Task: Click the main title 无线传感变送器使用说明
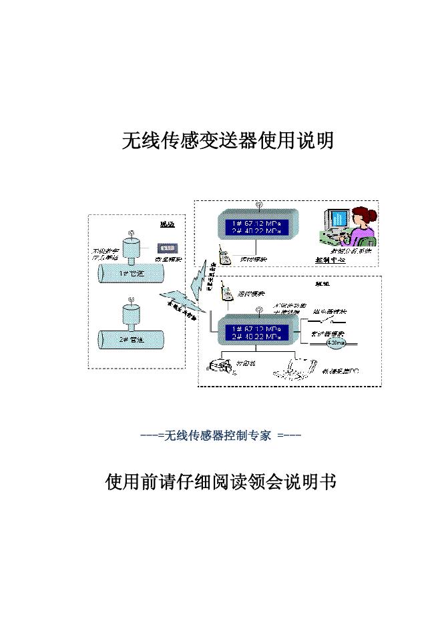click(x=227, y=140)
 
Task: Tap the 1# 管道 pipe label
click(x=128, y=273)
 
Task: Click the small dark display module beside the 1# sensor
click(x=165, y=248)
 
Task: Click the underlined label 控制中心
click(x=329, y=259)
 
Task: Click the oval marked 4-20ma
click(x=335, y=343)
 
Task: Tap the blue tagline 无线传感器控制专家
click(x=221, y=436)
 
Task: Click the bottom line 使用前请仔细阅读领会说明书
click(x=220, y=481)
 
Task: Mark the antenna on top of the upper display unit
click(x=258, y=205)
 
